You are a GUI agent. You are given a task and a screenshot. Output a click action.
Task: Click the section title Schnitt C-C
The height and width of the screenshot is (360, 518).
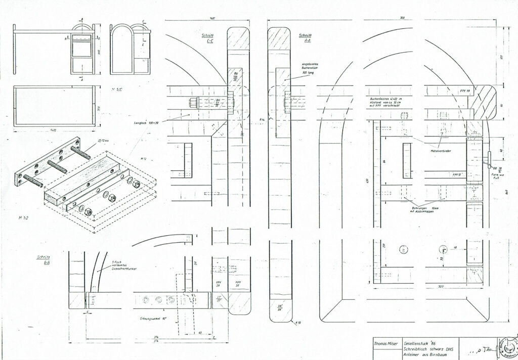(206, 38)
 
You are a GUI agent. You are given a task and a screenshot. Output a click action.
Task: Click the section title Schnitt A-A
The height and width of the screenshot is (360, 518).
(305, 38)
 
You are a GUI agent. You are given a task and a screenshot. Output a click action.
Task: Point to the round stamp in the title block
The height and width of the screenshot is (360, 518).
(507, 348)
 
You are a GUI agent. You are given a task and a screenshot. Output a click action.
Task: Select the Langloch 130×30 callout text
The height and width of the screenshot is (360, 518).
(146, 122)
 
